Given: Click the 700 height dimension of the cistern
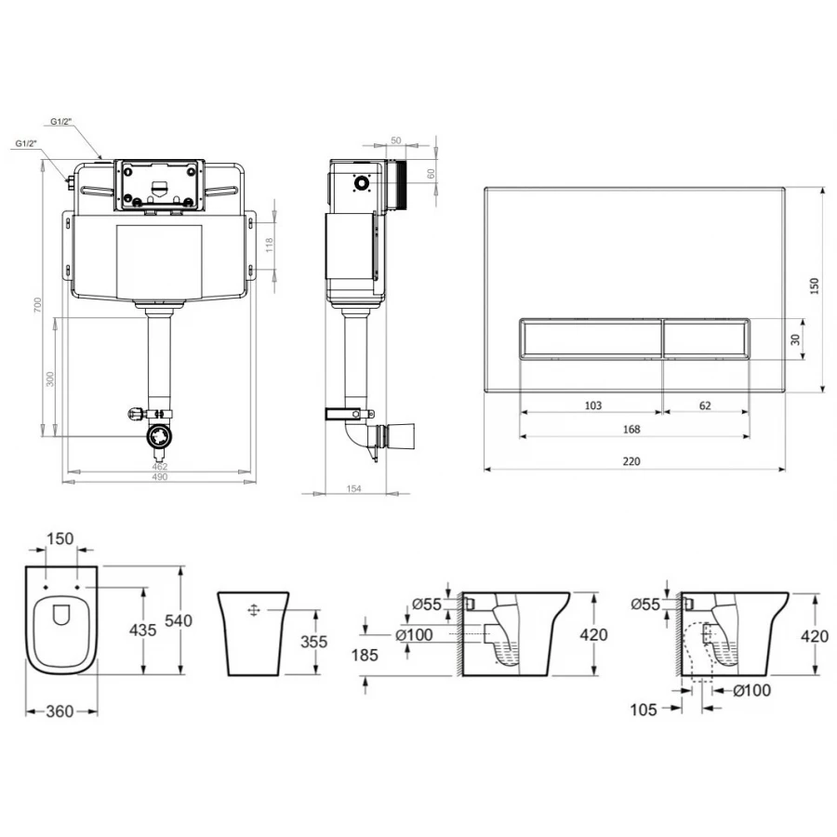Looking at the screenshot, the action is [x=37, y=305].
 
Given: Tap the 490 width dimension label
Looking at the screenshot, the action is [x=160, y=477].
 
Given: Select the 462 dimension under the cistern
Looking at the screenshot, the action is [x=160, y=467].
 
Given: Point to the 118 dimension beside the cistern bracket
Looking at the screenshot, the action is [x=270, y=245].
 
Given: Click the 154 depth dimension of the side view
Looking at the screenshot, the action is [x=354, y=488].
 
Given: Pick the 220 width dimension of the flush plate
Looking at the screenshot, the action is [x=631, y=461].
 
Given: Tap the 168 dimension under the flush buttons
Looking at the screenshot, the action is [x=631, y=429].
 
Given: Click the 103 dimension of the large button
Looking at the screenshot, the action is [x=593, y=405].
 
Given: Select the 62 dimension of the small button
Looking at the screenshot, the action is [x=705, y=405].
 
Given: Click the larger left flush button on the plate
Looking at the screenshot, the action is [x=591, y=339].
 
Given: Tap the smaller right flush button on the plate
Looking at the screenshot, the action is [x=706, y=339].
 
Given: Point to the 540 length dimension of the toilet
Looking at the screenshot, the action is [x=179, y=621].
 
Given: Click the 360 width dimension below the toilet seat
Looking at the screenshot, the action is [x=60, y=711].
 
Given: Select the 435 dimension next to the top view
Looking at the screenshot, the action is [x=143, y=630].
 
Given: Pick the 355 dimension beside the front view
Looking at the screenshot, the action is [x=314, y=641].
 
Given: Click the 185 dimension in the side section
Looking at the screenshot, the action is [x=365, y=655].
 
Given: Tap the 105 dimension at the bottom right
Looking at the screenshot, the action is [x=644, y=710].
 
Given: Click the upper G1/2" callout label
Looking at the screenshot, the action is [x=61, y=121].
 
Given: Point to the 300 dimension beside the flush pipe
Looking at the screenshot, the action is [x=50, y=379].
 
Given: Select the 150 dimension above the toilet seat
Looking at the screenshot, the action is [x=60, y=538].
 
